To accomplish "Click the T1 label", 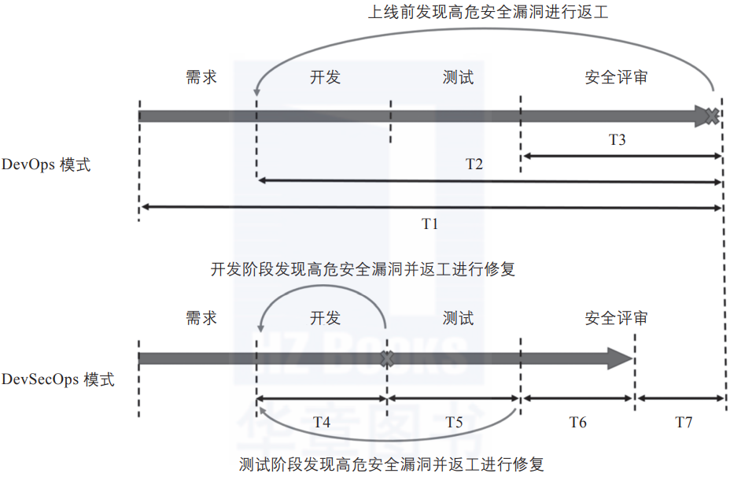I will (x=429, y=224).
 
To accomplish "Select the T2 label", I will (x=474, y=165).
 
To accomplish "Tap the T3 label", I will (x=618, y=140).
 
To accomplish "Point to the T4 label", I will (x=321, y=422).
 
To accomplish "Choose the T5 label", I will (x=453, y=422).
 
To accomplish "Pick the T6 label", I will (x=577, y=422).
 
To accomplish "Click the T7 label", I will (x=684, y=422).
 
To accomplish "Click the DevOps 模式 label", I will (x=46, y=165).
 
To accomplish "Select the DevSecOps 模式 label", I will (x=58, y=380).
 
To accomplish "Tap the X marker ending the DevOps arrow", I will (x=712, y=116).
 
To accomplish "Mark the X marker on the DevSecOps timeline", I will (x=385, y=359).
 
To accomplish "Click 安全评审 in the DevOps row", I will (x=616, y=77).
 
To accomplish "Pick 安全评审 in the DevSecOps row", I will (x=616, y=319).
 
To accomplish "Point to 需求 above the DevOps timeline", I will (x=201, y=77).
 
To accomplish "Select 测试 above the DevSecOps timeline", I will (x=458, y=319).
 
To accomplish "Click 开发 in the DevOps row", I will (x=325, y=77).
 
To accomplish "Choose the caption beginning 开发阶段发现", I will (x=363, y=269).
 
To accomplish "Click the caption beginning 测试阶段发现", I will (x=391, y=464).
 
